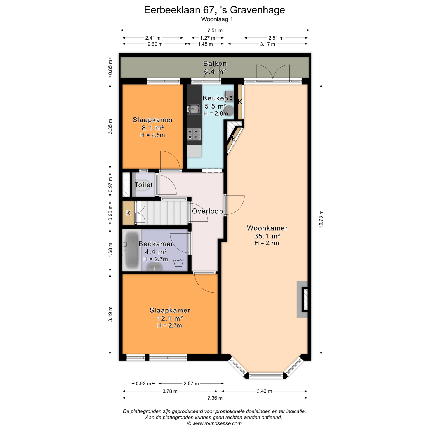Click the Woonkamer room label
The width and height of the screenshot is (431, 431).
point(267,228)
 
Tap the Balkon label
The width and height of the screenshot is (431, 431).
point(215,64)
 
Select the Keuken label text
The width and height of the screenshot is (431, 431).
point(215,98)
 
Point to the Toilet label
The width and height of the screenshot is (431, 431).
point(144,185)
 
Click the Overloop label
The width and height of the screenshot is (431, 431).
point(207,211)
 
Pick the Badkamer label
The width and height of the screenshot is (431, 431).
point(156,244)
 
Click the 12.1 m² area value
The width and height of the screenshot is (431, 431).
point(170,318)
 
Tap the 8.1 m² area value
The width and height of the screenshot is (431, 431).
point(153,128)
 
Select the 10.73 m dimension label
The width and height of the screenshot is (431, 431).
point(321,219)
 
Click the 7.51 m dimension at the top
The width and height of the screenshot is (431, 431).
point(215,30)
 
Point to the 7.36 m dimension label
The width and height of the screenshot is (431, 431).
point(215,398)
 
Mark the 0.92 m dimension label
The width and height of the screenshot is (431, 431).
point(143,384)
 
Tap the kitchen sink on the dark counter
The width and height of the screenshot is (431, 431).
point(193,109)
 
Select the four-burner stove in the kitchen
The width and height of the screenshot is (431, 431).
point(194,134)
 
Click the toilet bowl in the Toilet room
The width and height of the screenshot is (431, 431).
point(142,185)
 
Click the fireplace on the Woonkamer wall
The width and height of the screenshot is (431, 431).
point(302,299)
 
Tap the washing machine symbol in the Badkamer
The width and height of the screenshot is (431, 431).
point(178,263)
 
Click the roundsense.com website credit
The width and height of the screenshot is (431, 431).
point(214,423)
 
